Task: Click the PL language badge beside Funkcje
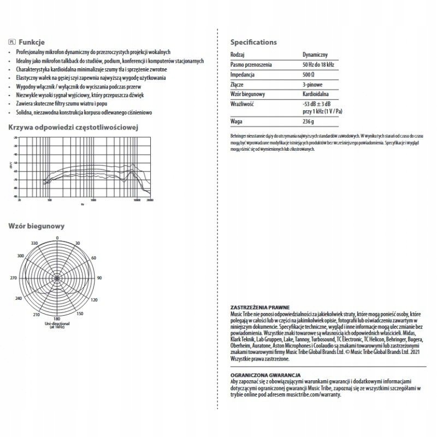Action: [x=13, y=42]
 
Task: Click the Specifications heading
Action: [x=253, y=42]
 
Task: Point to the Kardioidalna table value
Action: [x=317, y=94]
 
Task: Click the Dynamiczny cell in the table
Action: [x=315, y=55]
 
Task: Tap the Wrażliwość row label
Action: [x=244, y=103]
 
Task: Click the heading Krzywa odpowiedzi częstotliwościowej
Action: [x=72, y=127]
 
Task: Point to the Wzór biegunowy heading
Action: [x=37, y=226]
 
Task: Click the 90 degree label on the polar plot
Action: [x=99, y=278]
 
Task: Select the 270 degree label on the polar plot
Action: [x=14, y=278]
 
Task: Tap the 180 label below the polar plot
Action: [x=57, y=320]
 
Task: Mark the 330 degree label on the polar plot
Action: [x=34, y=244]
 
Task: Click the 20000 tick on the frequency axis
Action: [x=149, y=201]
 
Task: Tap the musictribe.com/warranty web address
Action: [x=316, y=393]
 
